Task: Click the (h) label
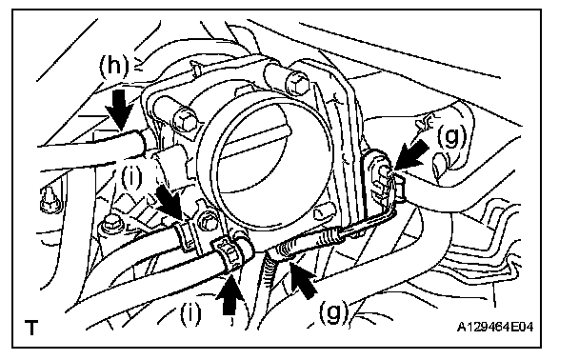(x=114, y=66)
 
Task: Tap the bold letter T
(x=31, y=327)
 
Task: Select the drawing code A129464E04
(x=495, y=327)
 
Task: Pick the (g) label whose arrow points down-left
(x=451, y=136)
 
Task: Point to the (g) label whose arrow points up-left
(x=334, y=312)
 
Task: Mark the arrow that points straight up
(x=230, y=294)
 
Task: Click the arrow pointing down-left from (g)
(x=411, y=157)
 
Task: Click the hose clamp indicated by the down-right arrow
(x=184, y=233)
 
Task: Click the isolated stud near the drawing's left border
(x=50, y=199)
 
